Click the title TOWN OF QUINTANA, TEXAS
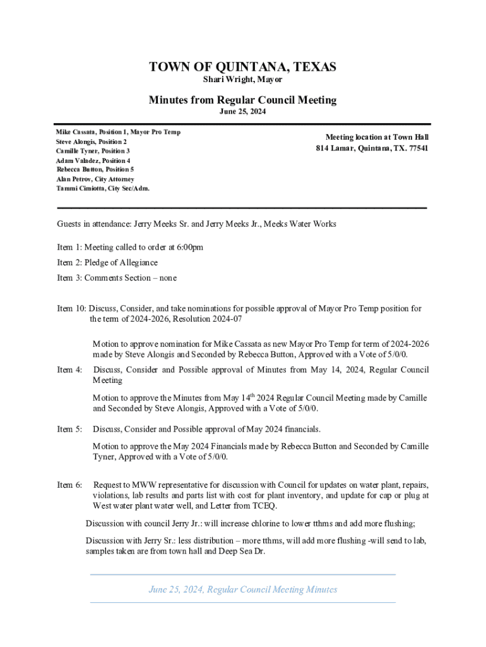[x=242, y=67]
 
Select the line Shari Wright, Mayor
[x=242, y=80]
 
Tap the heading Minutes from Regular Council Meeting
[x=242, y=100]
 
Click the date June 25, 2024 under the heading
[x=242, y=112]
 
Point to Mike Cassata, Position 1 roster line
[x=118, y=132]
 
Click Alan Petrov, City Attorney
[x=95, y=179]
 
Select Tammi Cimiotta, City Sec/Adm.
[x=103, y=189]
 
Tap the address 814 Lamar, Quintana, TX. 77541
[x=372, y=148]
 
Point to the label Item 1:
[x=69, y=247]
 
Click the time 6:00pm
[x=189, y=247]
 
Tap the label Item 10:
[x=71, y=308]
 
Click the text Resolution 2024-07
[x=208, y=319]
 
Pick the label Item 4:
[x=69, y=370]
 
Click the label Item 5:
[x=69, y=430]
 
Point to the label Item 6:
[x=69, y=485]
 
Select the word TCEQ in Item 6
[x=263, y=506]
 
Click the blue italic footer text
[x=243, y=590]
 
